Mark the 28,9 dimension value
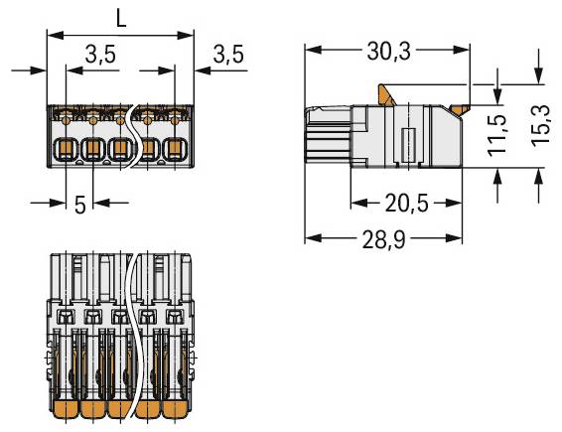tap(383, 239)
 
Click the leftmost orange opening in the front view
tap(64, 150)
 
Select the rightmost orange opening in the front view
tap(175, 150)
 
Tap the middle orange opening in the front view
tap(120, 150)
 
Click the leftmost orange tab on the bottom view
tap(64, 408)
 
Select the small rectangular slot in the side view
tap(405, 143)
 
